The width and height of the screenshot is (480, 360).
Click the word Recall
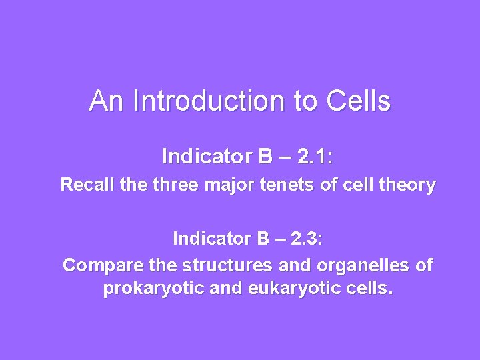(83, 185)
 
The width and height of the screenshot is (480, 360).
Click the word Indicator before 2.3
(214, 238)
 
